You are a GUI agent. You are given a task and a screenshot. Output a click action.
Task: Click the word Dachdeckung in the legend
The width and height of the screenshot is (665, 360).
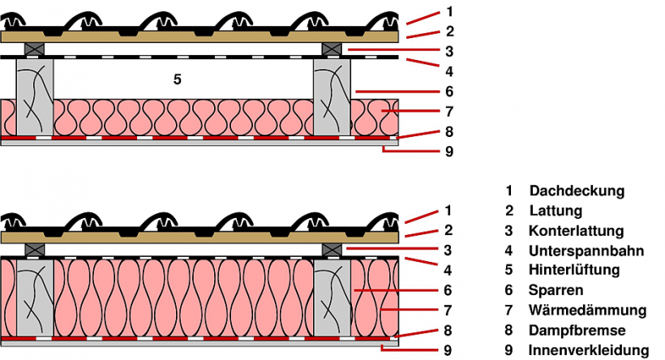pos(577,191)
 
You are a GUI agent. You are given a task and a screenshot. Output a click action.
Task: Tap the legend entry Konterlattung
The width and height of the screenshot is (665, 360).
pos(575,231)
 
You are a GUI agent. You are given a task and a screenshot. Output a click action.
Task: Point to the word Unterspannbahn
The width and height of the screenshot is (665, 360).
pos(585,251)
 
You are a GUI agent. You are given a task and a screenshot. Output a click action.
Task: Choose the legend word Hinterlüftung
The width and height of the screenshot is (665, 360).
pos(573,270)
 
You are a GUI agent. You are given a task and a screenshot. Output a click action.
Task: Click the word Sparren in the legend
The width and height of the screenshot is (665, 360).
pos(556,289)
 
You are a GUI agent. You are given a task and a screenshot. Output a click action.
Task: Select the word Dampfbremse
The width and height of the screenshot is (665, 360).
pos(577,330)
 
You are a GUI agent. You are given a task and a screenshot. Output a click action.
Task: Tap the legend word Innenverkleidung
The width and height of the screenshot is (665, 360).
pos(588,350)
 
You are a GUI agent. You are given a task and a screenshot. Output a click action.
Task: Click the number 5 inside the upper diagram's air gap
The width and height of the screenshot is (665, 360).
pos(177,79)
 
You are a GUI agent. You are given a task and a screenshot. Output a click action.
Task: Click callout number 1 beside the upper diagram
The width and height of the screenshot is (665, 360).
pos(448,13)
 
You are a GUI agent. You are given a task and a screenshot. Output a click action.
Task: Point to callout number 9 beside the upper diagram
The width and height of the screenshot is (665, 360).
pos(448,151)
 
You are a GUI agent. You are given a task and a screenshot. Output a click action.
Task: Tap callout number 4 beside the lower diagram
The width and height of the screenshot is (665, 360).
pos(448,269)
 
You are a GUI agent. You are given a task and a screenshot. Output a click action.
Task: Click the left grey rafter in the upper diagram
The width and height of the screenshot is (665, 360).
pos(35,98)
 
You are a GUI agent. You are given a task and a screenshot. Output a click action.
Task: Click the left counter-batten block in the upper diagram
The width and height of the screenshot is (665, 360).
pos(34,49)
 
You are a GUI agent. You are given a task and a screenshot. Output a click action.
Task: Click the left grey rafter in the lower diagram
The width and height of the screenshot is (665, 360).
pos(35,296)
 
